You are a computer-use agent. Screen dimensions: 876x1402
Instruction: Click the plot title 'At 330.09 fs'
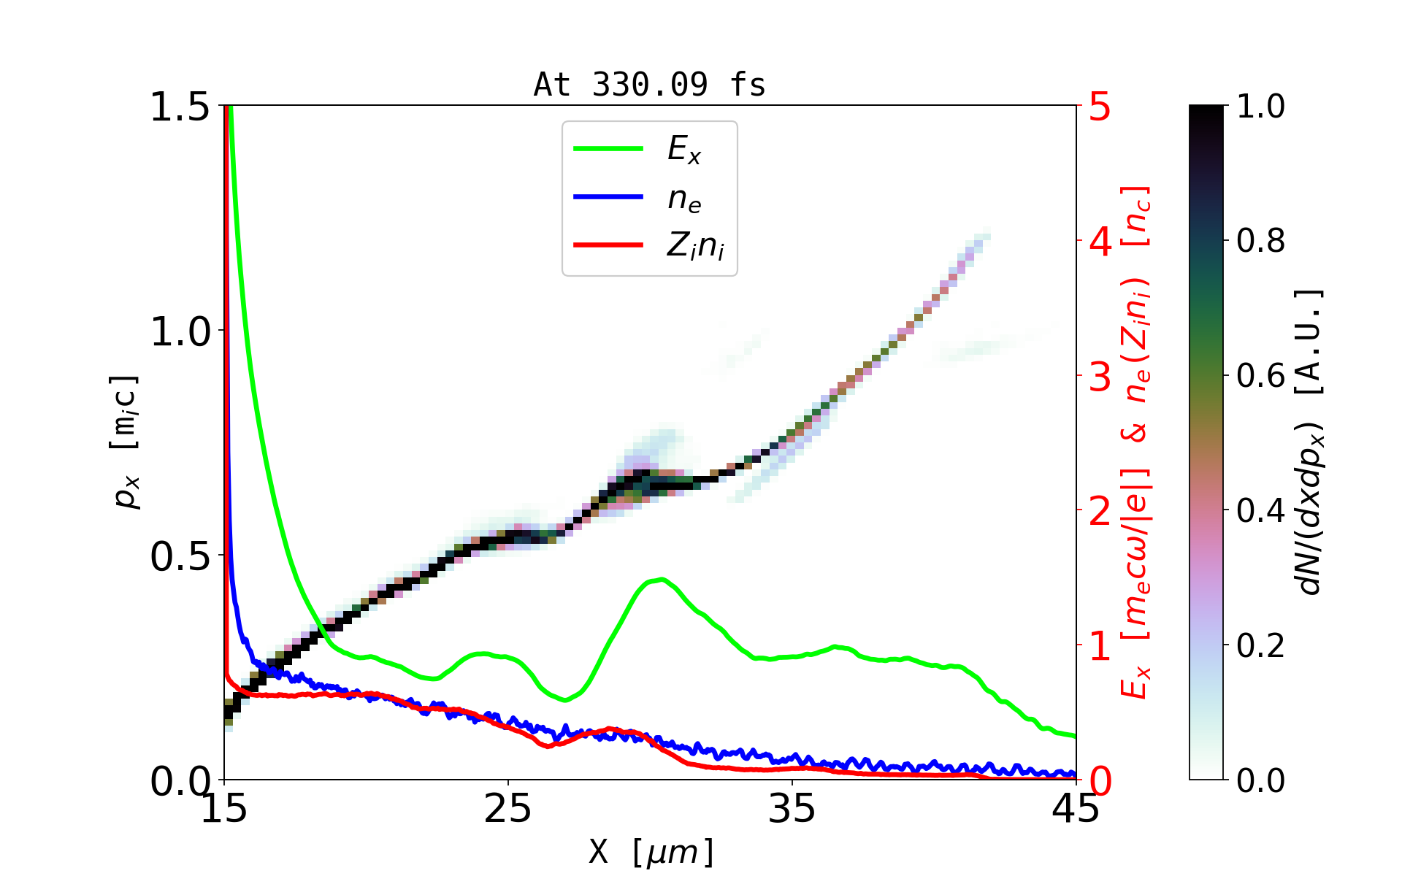[649, 85]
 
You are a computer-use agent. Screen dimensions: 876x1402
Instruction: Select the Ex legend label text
[684, 150]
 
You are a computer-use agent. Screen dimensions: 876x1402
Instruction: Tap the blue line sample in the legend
[608, 197]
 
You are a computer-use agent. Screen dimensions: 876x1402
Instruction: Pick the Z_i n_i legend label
[695, 246]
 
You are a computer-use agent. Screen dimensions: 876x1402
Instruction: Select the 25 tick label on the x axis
[507, 809]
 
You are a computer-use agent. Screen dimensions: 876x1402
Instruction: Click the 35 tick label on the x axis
[792, 809]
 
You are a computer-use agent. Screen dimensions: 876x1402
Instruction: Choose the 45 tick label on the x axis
[1076, 809]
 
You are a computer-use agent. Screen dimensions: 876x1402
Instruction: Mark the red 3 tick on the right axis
[1100, 377]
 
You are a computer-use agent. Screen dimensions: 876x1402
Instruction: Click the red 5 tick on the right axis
[1100, 107]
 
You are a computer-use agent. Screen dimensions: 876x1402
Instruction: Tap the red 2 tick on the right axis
[1100, 511]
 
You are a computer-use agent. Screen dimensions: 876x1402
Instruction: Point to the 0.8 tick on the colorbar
[1260, 241]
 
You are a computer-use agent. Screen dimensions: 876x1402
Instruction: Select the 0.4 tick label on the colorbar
[1260, 511]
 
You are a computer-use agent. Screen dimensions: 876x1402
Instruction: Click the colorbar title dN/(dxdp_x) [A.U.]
[1310, 442]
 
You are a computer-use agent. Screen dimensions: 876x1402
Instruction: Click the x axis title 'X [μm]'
[651, 852]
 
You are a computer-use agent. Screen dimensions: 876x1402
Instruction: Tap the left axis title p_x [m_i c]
[125, 442]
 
